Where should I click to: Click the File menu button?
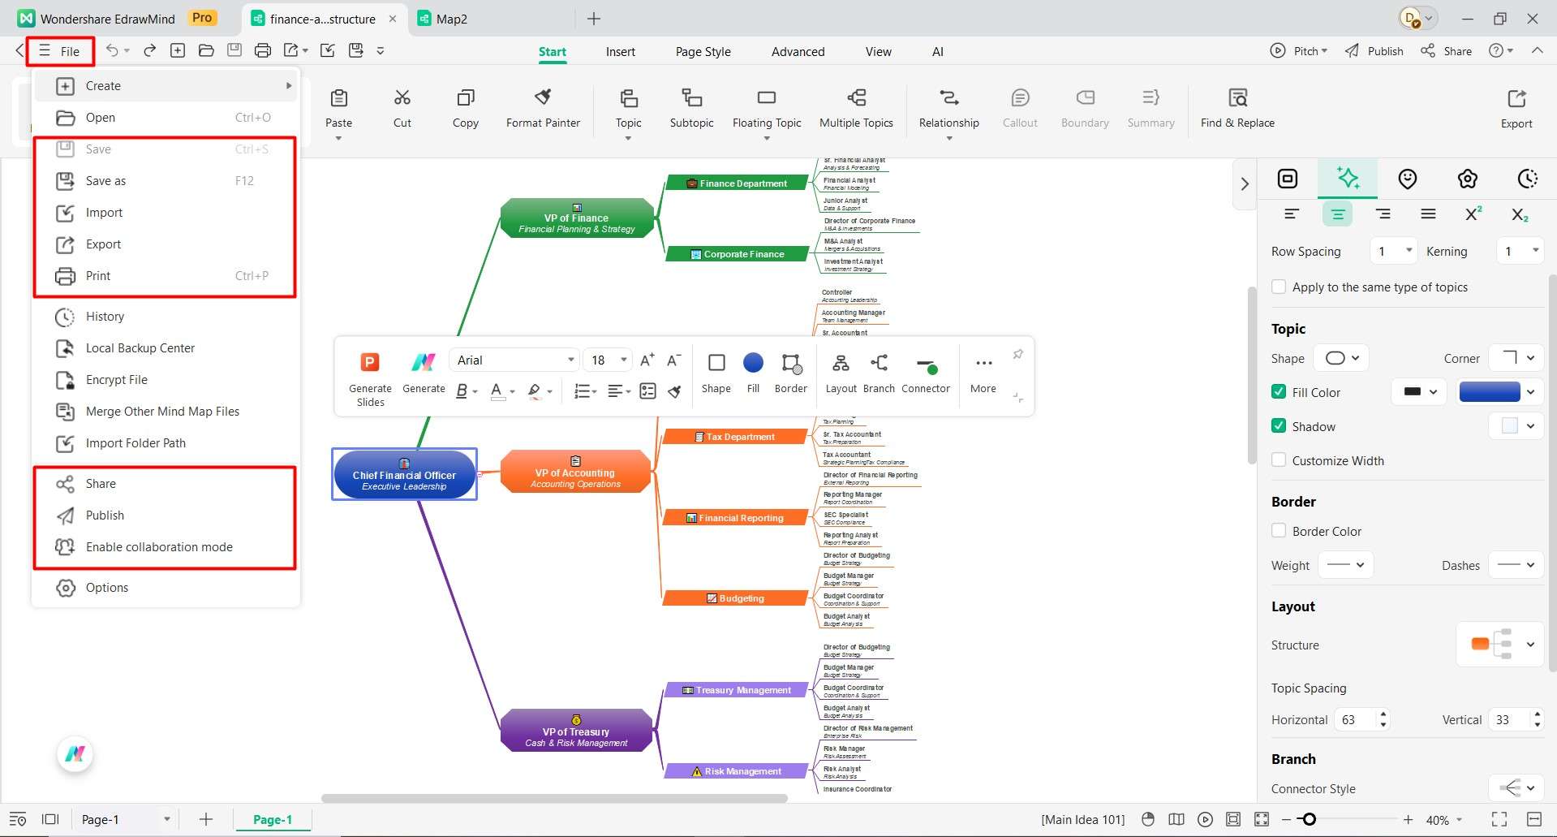pyautogui.click(x=60, y=51)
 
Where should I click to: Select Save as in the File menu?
pyautogui.click(x=105, y=181)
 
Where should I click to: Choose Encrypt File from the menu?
pyautogui.click(x=116, y=380)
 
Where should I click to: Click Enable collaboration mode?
pyautogui.click(x=159, y=547)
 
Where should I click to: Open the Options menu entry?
pyautogui.click(x=106, y=588)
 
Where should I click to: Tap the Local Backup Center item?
pyautogui.click(x=140, y=348)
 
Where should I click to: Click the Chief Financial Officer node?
pyautogui.click(x=404, y=475)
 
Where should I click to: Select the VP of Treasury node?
pyautogui.click(x=576, y=731)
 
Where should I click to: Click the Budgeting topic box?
pyautogui.click(x=735, y=598)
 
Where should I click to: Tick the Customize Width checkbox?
pyautogui.click(x=1279, y=460)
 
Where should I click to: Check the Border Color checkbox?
pyautogui.click(x=1279, y=531)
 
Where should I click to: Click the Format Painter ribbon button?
pyautogui.click(x=543, y=108)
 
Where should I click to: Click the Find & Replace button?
pyautogui.click(x=1237, y=108)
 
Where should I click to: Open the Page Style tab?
pyautogui.click(x=703, y=51)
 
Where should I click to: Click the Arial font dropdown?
pyautogui.click(x=514, y=360)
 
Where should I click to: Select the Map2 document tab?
pyautogui.click(x=443, y=19)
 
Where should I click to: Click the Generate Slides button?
pyautogui.click(x=370, y=378)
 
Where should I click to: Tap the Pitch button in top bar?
pyautogui.click(x=1299, y=51)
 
